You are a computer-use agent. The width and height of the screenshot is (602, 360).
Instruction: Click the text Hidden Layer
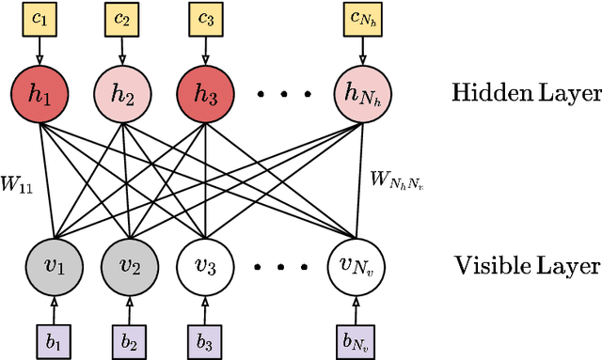coord(526,93)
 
